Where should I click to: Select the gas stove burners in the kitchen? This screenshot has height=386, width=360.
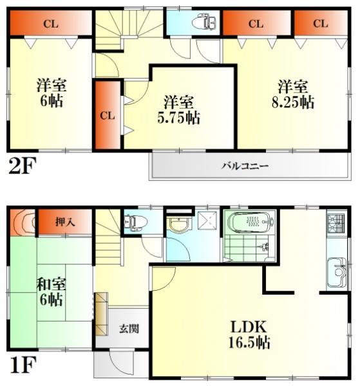pos(337,225)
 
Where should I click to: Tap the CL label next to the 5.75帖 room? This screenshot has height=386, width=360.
pos(107,116)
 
